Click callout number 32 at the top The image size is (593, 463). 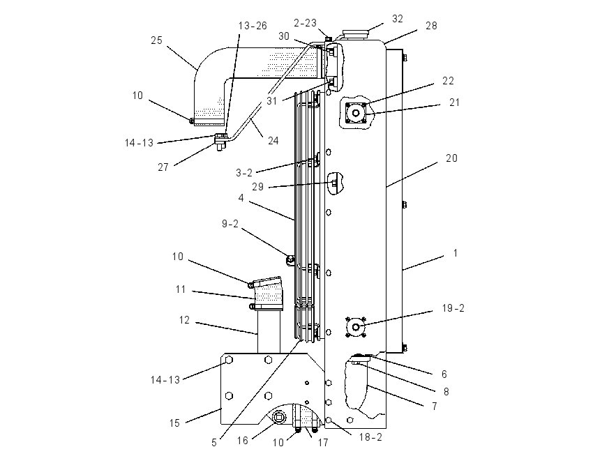click(398, 19)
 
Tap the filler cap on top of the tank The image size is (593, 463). click(355, 34)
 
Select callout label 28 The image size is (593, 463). click(432, 26)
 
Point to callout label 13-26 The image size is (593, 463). click(253, 26)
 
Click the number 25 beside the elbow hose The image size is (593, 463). click(156, 40)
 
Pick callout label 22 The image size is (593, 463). click(448, 81)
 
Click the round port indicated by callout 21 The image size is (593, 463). click(356, 113)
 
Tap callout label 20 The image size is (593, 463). click(452, 158)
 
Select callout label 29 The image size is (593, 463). click(258, 187)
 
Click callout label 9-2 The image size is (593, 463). click(230, 224)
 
